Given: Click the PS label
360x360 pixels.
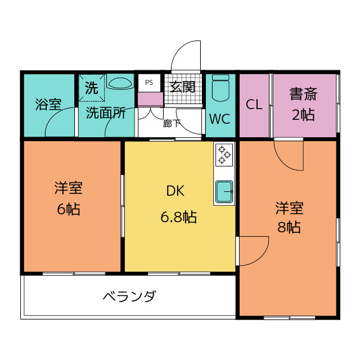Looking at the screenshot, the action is point(149,83).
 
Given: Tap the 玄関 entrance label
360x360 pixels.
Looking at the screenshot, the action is point(182,87).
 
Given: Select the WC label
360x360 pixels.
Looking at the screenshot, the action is point(220,119).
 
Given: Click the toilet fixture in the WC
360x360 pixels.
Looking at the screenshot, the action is point(220,88).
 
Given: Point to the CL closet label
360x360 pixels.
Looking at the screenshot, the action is point(254,105).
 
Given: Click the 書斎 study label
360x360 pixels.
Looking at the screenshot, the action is point(304,94).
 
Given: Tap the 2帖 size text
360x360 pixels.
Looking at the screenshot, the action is point(303,115).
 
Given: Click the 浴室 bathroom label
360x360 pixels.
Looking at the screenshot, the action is point(48,104).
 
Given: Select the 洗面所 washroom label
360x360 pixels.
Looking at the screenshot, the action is point(106,112).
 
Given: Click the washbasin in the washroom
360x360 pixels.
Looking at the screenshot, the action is point(120,83).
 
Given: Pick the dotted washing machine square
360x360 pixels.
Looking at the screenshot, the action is point(92,88).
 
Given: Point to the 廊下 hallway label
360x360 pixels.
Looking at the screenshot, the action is point(172,124).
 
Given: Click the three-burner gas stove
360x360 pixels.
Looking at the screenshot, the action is point(224,155).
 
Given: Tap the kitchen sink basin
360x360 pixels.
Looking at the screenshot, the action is point(224,192).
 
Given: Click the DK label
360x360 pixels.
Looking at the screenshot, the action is point(175,191).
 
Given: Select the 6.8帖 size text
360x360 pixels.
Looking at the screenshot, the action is point(179,217).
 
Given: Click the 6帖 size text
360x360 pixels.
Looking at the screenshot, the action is point(69,209).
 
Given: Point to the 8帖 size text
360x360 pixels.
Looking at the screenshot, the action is point(289,227).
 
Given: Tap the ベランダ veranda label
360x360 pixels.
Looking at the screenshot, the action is point(130,296).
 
